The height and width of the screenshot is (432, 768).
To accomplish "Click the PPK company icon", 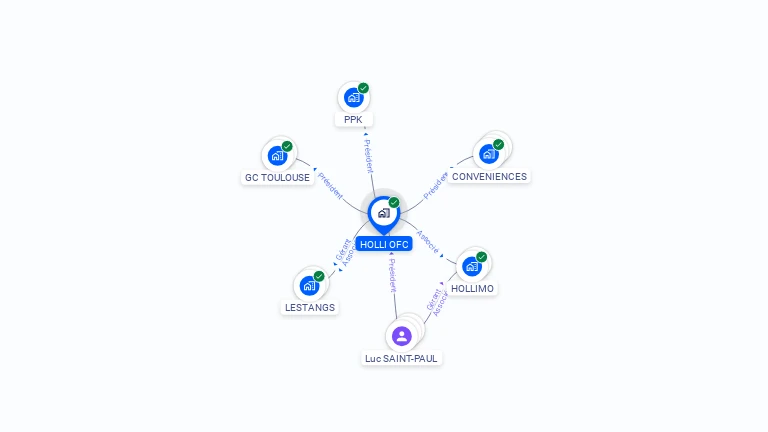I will (x=353, y=97).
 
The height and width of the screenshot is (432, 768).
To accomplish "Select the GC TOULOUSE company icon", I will (x=277, y=156).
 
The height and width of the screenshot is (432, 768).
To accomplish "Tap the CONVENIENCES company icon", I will (x=488, y=154).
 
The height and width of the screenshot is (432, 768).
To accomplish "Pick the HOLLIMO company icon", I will (x=472, y=266).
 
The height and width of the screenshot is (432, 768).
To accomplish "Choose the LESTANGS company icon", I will (x=309, y=285).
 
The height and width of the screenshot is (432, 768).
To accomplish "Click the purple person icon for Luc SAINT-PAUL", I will (x=402, y=335).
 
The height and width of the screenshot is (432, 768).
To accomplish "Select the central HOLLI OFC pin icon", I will (x=384, y=213).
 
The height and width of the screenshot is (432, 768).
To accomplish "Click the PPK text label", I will (x=353, y=119).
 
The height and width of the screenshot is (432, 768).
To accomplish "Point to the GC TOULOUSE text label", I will (x=277, y=178).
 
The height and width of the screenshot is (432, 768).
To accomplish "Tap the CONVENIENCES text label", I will (x=489, y=177).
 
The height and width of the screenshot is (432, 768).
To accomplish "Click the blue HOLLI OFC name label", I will (x=385, y=244).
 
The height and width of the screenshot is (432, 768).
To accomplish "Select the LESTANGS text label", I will (x=310, y=308).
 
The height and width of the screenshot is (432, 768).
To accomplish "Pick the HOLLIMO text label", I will (x=473, y=288).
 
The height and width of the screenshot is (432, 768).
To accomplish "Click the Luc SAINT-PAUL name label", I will (x=402, y=358).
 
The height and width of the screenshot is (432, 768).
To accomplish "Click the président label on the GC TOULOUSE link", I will (x=330, y=186).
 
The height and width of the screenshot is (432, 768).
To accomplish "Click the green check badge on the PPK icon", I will (x=363, y=88).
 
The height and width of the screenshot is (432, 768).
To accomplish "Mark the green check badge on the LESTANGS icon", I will (x=319, y=276).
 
